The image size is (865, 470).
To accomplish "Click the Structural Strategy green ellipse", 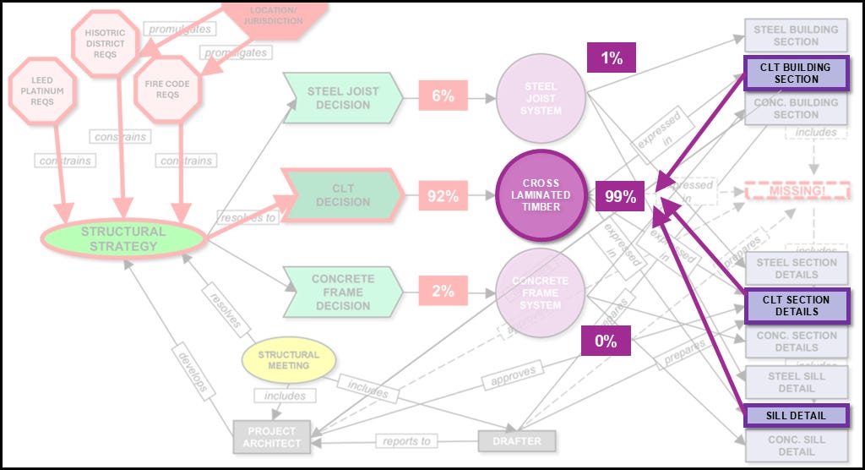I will [x=123, y=238].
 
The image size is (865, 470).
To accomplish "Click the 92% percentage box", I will [x=443, y=196].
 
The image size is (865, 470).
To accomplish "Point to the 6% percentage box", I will [x=443, y=96].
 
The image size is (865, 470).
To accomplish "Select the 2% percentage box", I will [x=443, y=292].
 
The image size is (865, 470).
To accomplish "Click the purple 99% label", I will [x=619, y=198].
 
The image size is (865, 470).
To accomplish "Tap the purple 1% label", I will [x=611, y=58].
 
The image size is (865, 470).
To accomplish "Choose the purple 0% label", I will [x=605, y=341].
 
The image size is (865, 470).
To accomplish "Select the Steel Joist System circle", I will [x=541, y=98].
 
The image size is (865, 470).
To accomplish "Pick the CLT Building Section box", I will [x=797, y=73].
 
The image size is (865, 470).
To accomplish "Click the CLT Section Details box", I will [x=797, y=305].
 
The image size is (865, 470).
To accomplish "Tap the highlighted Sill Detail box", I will [x=797, y=415].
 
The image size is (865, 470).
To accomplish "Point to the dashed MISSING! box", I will [x=797, y=191].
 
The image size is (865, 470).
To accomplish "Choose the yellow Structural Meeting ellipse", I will [x=288, y=360].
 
